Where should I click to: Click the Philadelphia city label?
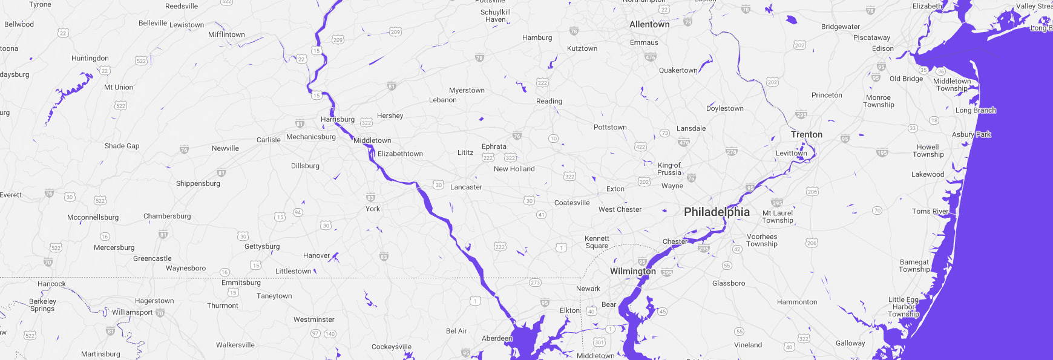(x=717, y=212)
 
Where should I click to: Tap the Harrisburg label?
(x=338, y=119)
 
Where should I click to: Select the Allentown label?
(x=649, y=25)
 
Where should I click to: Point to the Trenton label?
(x=806, y=135)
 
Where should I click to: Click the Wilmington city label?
(x=632, y=271)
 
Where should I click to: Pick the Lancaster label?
(x=466, y=187)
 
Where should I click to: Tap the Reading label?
(x=549, y=101)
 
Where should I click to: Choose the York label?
(x=373, y=209)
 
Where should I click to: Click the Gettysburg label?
(x=262, y=246)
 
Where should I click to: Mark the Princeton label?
(x=827, y=95)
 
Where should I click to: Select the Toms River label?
(x=930, y=211)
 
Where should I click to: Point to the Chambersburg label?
(x=167, y=216)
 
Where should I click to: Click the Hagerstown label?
(x=154, y=301)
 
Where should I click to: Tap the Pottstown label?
(x=610, y=127)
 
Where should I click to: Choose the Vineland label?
(x=748, y=345)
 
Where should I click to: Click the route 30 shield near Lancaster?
(x=438, y=185)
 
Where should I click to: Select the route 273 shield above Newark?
(x=535, y=283)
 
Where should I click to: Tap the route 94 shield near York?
(x=298, y=212)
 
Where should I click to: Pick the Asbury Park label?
(x=971, y=134)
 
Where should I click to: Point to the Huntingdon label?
(x=90, y=58)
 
